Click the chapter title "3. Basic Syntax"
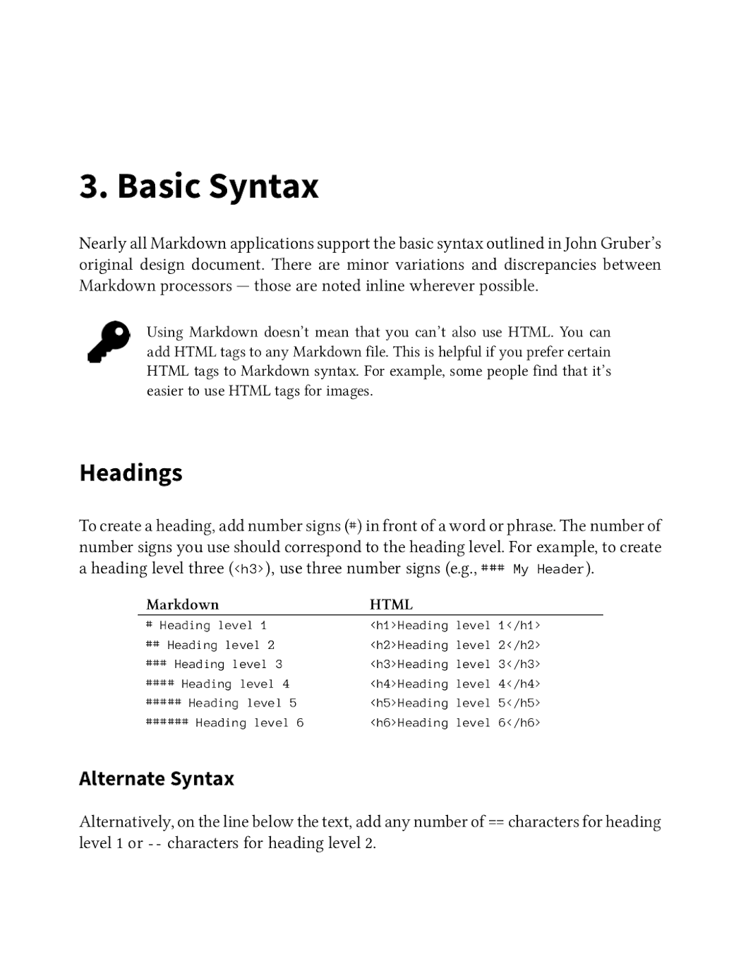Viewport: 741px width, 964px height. (x=199, y=186)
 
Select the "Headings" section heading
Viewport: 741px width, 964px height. (x=130, y=473)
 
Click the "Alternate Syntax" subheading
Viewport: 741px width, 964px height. (x=156, y=779)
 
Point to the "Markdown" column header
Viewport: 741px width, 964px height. (x=183, y=605)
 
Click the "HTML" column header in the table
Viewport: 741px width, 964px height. (x=391, y=605)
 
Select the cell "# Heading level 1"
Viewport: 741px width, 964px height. (x=207, y=626)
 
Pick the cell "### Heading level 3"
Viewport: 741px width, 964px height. (x=214, y=665)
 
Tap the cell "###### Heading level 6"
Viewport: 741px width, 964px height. (x=224, y=723)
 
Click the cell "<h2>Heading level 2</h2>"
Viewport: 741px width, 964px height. (x=455, y=645)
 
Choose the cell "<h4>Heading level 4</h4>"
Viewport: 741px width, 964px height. (x=455, y=684)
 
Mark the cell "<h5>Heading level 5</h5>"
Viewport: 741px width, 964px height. (x=455, y=703)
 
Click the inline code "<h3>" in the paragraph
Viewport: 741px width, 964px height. (x=248, y=569)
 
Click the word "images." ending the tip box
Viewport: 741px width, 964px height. (x=349, y=391)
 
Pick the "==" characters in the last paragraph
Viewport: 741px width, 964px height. (x=496, y=823)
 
